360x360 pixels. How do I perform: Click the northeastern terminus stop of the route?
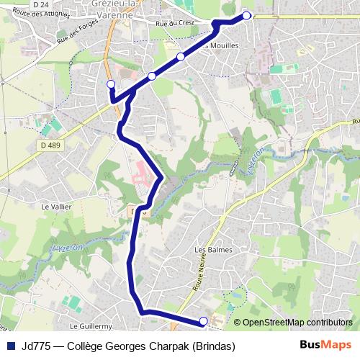point(247,15)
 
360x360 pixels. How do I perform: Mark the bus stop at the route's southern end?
point(203,321)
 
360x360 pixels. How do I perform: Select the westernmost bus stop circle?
point(111,85)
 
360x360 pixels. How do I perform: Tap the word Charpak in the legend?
point(159,346)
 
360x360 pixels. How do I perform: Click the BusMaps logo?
point(325,345)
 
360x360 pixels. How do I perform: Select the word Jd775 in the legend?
point(35,346)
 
